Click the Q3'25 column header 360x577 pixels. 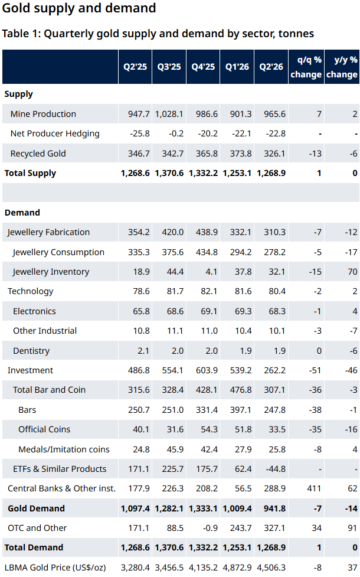(169, 67)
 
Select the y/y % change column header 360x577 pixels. (342, 67)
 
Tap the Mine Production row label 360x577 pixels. (43, 114)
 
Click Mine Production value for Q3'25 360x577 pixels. (169, 114)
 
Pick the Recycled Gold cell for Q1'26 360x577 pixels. (241, 154)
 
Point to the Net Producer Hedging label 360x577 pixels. (55, 134)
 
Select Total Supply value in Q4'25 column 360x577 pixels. (203, 173)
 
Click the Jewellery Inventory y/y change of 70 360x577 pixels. (352, 272)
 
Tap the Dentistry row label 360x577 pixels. (31, 351)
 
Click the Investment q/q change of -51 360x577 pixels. (315, 370)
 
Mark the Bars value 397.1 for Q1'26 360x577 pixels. (241, 410)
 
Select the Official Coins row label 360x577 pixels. (44, 429)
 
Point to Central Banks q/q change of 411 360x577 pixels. (314, 488)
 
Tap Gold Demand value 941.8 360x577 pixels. (274, 508)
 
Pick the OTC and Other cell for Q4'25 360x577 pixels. (210, 528)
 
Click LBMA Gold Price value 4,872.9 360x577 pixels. (237, 568)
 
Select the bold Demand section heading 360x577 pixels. (22, 213)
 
